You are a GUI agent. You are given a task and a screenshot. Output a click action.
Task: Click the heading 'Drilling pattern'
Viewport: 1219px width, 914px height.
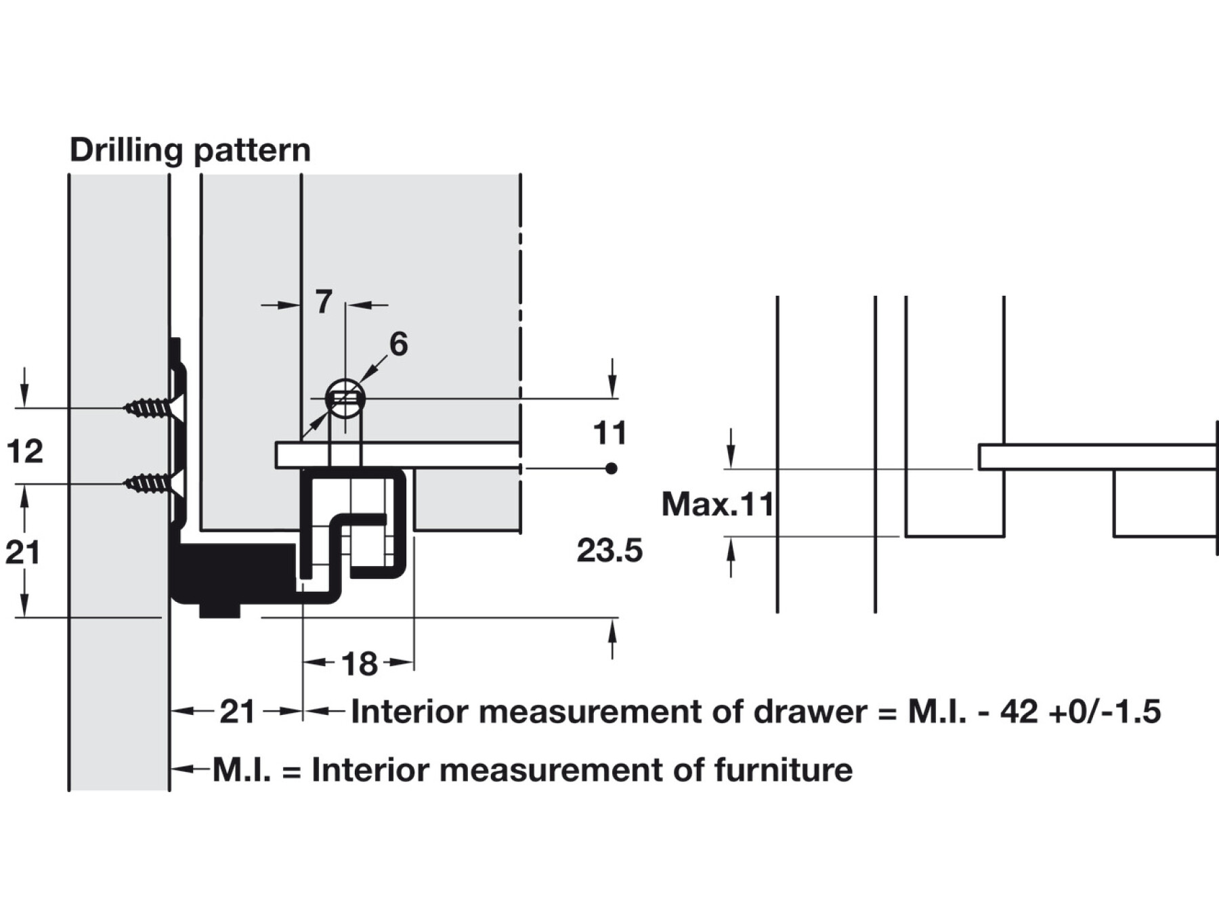click(x=190, y=150)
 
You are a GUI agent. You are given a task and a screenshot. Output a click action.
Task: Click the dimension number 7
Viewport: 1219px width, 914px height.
click(x=324, y=302)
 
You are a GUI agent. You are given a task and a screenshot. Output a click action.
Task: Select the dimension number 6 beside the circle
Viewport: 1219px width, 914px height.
click(x=399, y=344)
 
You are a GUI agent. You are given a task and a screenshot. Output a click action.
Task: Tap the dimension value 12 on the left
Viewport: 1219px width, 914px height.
click(x=25, y=451)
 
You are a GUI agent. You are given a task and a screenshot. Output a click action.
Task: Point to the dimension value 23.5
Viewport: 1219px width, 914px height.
click(x=609, y=550)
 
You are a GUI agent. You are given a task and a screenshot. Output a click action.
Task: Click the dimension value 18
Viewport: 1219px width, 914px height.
click(x=359, y=663)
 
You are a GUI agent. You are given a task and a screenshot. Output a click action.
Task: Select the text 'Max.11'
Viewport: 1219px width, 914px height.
click(x=718, y=504)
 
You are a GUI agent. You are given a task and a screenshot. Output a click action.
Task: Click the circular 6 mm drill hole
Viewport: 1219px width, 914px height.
click(x=345, y=399)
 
